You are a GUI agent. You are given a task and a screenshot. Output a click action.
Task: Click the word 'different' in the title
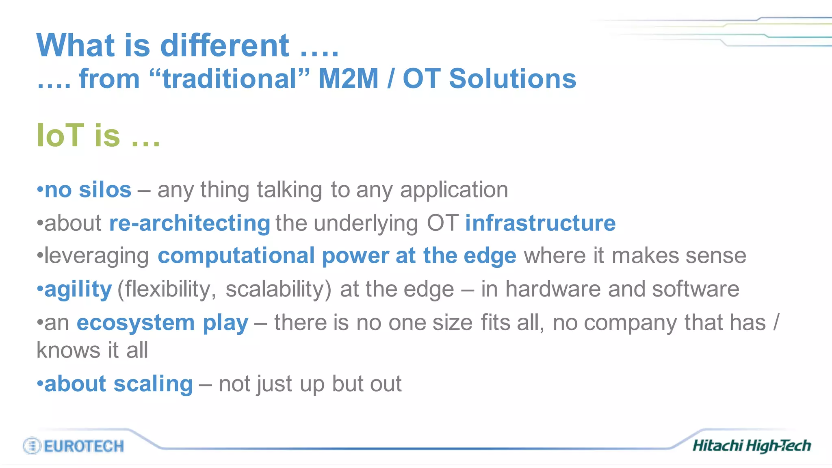225,45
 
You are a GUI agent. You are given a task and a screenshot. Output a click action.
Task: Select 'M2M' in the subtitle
348,78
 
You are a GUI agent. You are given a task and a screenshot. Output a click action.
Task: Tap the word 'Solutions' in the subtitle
512,78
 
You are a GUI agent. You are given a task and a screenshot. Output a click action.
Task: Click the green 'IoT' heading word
60,135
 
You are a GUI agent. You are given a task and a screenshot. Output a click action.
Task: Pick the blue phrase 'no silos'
88,190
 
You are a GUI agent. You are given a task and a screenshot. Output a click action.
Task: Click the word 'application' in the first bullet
454,190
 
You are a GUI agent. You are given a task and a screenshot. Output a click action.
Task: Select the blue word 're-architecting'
189,223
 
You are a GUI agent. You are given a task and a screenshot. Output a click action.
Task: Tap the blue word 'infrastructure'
540,223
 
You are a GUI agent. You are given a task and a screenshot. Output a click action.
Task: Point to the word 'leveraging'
97,256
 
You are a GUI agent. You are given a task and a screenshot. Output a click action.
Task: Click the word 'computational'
236,256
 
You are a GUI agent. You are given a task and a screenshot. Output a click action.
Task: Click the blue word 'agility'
78,289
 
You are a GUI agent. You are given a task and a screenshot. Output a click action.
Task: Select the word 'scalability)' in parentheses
278,289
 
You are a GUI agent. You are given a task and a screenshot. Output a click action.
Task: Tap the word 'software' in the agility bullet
695,289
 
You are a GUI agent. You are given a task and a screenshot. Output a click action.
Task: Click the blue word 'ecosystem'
136,323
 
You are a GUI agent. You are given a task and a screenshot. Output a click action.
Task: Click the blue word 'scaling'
153,384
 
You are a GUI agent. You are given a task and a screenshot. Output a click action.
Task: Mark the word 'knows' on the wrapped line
68,350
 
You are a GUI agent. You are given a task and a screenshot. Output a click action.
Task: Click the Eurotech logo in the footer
74,446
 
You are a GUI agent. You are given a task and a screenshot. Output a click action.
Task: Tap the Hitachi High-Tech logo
751,446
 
